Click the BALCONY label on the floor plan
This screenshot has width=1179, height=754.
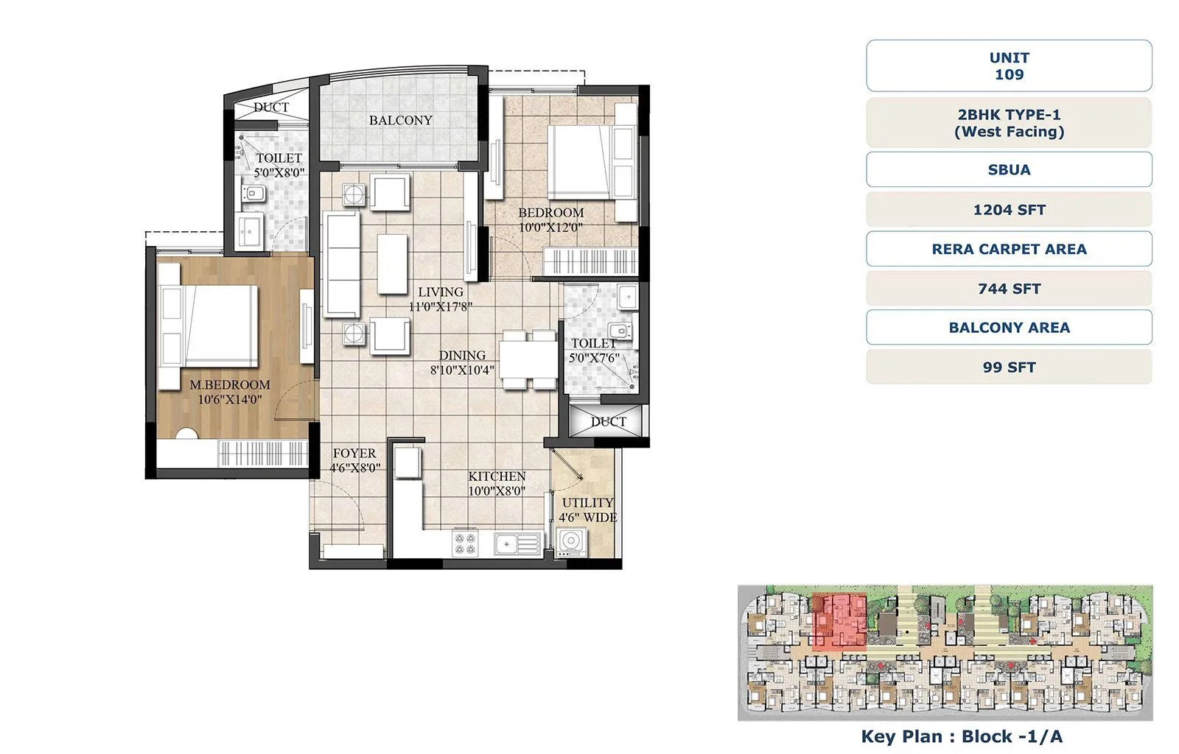click(x=400, y=120)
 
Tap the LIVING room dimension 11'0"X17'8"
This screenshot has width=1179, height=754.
click(x=441, y=306)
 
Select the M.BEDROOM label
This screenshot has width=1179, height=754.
click(x=230, y=384)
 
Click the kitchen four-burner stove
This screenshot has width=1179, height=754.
click(x=465, y=543)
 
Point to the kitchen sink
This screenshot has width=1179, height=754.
click(x=517, y=544)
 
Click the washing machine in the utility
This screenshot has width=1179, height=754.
click(x=570, y=543)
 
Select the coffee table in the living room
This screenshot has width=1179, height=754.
click(x=392, y=263)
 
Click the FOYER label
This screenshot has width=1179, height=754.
click(x=354, y=453)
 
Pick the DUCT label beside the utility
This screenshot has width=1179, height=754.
click(x=609, y=422)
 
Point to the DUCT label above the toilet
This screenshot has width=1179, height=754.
click(x=271, y=107)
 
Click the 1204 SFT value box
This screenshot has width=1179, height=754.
click(x=1009, y=210)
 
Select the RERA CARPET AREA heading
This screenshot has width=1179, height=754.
click(x=1009, y=249)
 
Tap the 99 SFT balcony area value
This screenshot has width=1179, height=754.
click(x=1009, y=367)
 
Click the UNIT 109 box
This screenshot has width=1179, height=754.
click(x=1009, y=66)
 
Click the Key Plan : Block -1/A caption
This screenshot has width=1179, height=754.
click(x=962, y=736)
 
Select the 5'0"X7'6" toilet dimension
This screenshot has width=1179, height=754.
click(x=594, y=358)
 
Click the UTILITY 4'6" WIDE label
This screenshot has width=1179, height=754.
click(x=587, y=510)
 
